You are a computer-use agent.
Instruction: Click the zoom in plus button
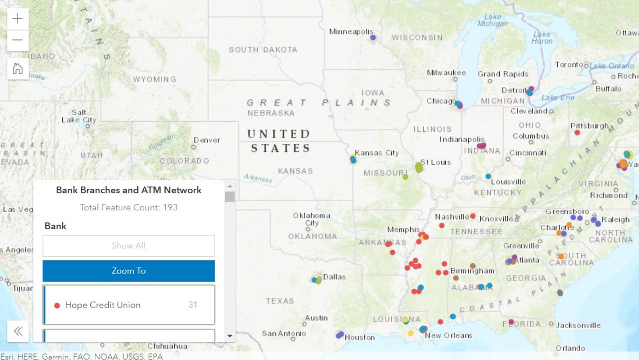pyautogui.click(x=17, y=19)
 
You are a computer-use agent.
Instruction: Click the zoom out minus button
pyautogui.click(x=17, y=40)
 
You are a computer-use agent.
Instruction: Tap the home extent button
pyautogui.click(x=17, y=69)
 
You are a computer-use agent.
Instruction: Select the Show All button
pyautogui.click(x=129, y=246)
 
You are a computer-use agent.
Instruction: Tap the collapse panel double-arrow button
pyautogui.click(x=18, y=331)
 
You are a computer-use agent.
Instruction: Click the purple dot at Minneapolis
pyautogui.click(x=373, y=37)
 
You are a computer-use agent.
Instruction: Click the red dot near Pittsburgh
pyautogui.click(x=577, y=133)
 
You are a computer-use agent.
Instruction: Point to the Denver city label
pyautogui.click(x=207, y=140)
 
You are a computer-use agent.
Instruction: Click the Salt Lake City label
pyautogui.click(x=79, y=116)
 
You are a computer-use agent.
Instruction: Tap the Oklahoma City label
pyautogui.click(x=312, y=219)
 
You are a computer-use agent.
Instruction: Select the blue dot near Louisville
pyautogui.click(x=488, y=176)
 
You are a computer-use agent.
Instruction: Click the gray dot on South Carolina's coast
pyautogui.click(x=560, y=293)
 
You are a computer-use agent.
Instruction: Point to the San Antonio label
pyautogui.click(x=284, y=334)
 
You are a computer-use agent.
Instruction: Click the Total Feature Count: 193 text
pyautogui.click(x=129, y=207)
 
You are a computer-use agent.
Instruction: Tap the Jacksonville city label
pyautogui.click(x=578, y=326)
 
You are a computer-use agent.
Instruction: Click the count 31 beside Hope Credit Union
pyautogui.click(x=193, y=305)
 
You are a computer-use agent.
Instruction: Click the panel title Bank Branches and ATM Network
pyautogui.click(x=129, y=190)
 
